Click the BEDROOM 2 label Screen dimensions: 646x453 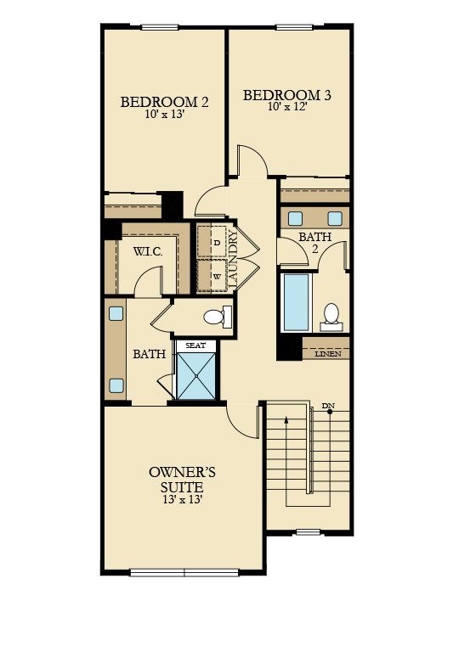tap(165, 102)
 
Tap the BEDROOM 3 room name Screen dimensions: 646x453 tap(287, 95)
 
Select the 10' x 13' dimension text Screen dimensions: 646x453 tap(165, 115)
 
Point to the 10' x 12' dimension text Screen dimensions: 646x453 tap(287, 108)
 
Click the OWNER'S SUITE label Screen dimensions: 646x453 tap(176, 480)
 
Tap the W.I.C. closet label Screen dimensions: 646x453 tap(154, 251)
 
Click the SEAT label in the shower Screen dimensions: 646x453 tap(196, 345)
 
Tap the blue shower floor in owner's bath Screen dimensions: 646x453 tap(196, 374)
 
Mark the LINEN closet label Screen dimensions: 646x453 tap(328, 352)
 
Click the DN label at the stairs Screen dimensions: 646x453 tap(328, 406)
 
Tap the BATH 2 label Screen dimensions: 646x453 tap(314, 243)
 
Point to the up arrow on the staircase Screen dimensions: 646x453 tap(286, 420)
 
